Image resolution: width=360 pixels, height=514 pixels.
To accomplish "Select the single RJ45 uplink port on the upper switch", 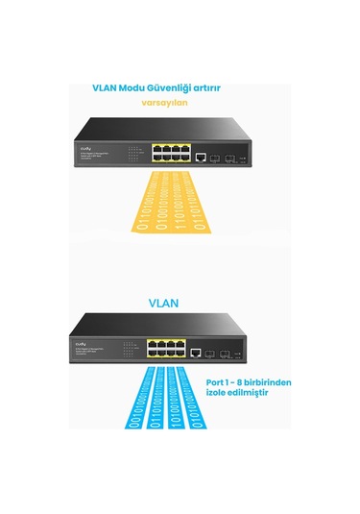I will [199, 155].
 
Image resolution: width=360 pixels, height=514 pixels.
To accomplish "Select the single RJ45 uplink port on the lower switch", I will [196, 353].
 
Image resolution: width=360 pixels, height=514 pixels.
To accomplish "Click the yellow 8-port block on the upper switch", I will [167, 152].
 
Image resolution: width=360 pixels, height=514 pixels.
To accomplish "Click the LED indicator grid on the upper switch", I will [132, 152].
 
